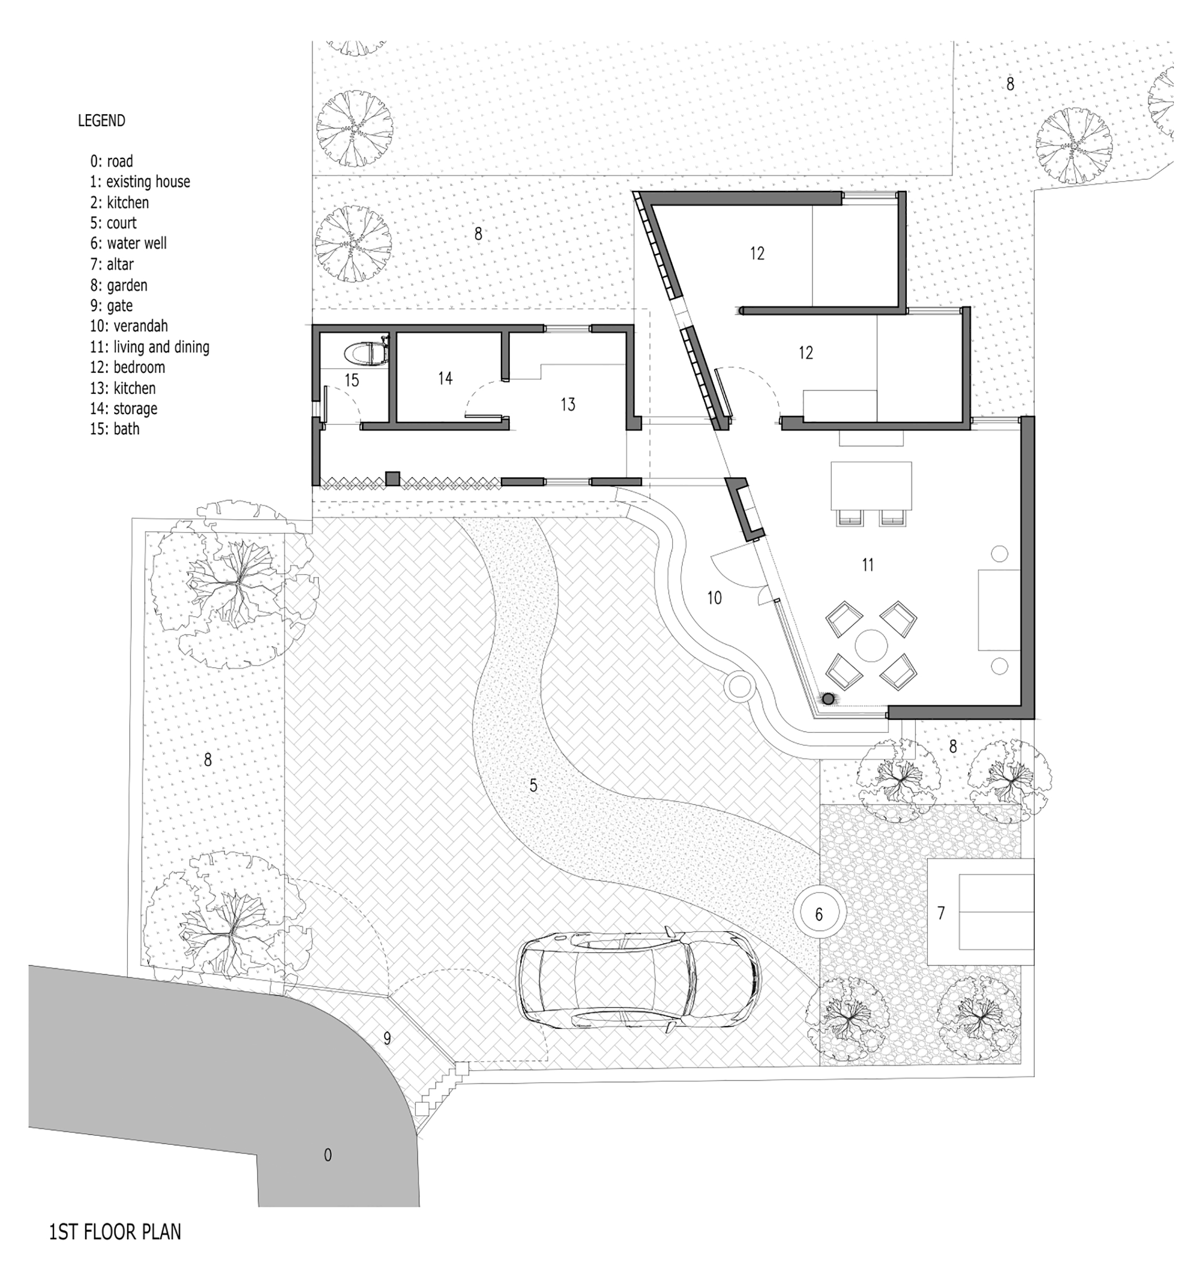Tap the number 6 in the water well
click(818, 915)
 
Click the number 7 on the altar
click(942, 913)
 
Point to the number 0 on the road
click(328, 1155)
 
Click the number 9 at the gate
click(387, 1038)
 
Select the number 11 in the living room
click(867, 565)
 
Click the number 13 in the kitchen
click(568, 404)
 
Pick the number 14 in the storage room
click(445, 378)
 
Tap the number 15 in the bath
click(351, 381)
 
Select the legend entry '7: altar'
click(112, 264)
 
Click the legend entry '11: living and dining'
click(149, 347)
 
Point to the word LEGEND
click(101, 120)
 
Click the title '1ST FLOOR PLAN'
click(115, 1232)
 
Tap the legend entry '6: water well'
click(128, 243)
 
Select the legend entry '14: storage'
click(124, 409)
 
